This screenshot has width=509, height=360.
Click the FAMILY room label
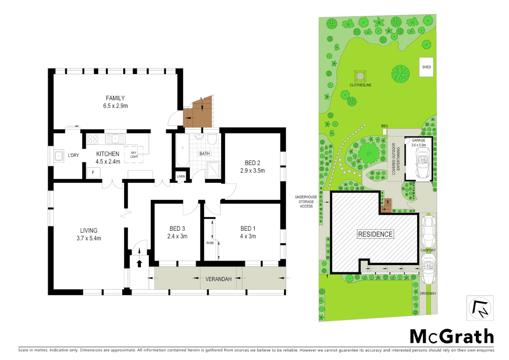(115, 98)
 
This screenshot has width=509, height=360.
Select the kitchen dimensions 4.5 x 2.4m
(108, 162)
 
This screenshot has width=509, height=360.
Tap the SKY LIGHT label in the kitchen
(134, 155)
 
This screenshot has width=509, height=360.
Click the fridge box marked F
(93, 172)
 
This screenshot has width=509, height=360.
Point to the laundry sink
(59, 156)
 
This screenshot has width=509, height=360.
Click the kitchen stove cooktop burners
(93, 139)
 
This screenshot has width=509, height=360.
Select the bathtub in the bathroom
(182, 150)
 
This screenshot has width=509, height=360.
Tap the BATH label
(205, 154)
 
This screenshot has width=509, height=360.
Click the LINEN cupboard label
(181, 176)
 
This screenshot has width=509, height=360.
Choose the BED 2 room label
(252, 163)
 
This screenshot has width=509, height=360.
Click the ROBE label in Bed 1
(210, 243)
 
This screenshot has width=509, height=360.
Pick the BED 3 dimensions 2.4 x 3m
(177, 236)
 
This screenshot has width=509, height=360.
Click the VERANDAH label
(218, 279)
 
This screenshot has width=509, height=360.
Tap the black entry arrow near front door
(139, 263)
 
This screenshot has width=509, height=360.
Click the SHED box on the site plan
(426, 67)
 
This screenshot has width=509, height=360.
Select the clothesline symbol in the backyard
(360, 76)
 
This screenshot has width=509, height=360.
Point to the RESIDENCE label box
(375, 234)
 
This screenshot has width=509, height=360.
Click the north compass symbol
(480, 308)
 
